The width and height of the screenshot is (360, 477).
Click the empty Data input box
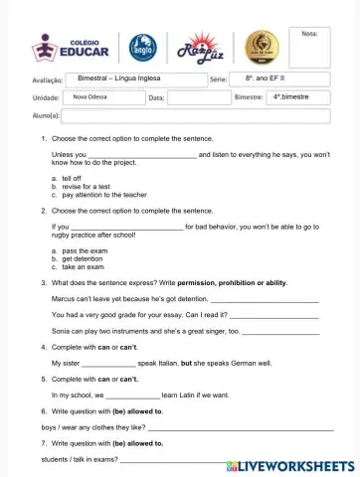click(199, 97)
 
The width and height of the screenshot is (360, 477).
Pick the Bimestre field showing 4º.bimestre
click(297, 97)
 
